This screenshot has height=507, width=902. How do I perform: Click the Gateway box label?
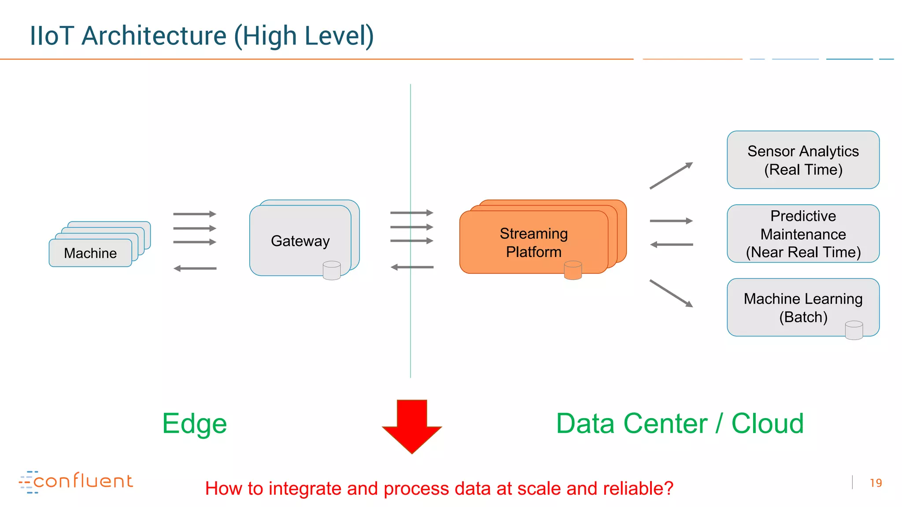click(x=300, y=241)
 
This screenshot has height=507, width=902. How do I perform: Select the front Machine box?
click(x=90, y=253)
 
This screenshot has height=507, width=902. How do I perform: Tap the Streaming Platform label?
click(x=533, y=242)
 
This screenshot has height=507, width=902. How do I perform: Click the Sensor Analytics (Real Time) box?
click(x=802, y=160)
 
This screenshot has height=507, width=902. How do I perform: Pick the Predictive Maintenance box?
click(x=802, y=234)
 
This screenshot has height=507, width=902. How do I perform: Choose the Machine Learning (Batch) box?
click(x=802, y=308)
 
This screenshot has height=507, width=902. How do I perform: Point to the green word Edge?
click(x=194, y=423)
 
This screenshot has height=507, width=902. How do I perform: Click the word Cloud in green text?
click(x=767, y=423)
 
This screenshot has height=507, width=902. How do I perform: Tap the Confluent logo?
click(x=76, y=481)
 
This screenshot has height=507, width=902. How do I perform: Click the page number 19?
click(x=876, y=483)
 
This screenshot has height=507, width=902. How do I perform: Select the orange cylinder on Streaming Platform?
click(x=573, y=270)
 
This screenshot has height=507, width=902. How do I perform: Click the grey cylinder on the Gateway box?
click(x=331, y=271)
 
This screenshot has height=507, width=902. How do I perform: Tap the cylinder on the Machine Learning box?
click(x=854, y=330)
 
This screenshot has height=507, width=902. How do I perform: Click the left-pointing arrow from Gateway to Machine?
click(x=195, y=268)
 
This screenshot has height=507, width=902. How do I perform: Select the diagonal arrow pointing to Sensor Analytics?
click(x=671, y=176)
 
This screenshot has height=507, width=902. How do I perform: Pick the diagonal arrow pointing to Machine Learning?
click(x=671, y=294)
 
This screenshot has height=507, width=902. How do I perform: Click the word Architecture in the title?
click(x=154, y=36)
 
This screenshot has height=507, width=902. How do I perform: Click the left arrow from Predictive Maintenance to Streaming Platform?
click(x=671, y=244)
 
